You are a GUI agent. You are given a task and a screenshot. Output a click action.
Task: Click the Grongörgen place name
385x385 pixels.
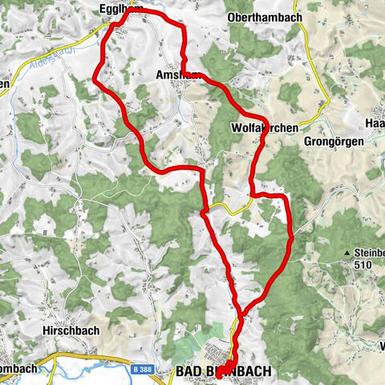(334, 140)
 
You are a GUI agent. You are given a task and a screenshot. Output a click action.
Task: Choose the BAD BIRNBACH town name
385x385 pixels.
(223, 372)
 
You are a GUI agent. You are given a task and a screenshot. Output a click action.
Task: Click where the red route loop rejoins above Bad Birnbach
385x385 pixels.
(240, 314)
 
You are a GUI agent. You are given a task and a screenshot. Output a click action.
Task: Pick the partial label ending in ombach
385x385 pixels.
(18, 369)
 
